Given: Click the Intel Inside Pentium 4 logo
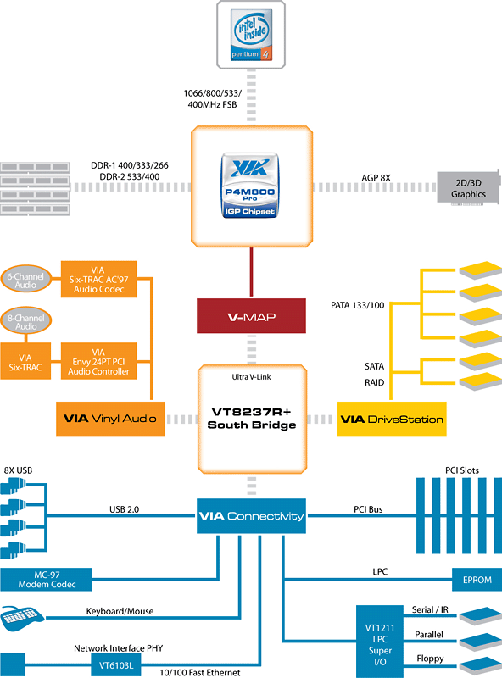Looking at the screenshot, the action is tap(251, 35).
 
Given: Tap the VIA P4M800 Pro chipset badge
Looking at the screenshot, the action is tap(249, 185).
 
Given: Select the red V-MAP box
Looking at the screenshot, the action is tap(252, 315).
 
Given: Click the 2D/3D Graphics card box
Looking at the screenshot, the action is tap(468, 188).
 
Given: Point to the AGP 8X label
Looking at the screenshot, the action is tap(376, 178).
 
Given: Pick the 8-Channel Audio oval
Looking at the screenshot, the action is tap(26, 322).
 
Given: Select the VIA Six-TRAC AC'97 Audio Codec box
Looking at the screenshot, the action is tap(98, 280).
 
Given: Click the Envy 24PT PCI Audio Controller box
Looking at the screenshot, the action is tap(98, 362).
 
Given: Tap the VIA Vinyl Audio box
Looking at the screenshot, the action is tap(110, 419).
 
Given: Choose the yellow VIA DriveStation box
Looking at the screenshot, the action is tap(392, 419).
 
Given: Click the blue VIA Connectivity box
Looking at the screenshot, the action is tap(252, 516).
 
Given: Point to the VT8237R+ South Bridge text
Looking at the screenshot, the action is tap(252, 418).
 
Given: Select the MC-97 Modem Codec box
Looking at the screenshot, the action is tap(46, 580).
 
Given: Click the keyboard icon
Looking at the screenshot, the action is tap(23, 619).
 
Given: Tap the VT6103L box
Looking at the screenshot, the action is tap(116, 665).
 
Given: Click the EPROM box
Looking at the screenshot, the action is tap(477, 580).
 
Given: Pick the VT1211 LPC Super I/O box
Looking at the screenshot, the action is tap(380, 642).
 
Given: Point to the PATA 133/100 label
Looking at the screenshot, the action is tap(358, 305).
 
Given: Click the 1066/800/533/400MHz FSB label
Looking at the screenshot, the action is tap(213, 98).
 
